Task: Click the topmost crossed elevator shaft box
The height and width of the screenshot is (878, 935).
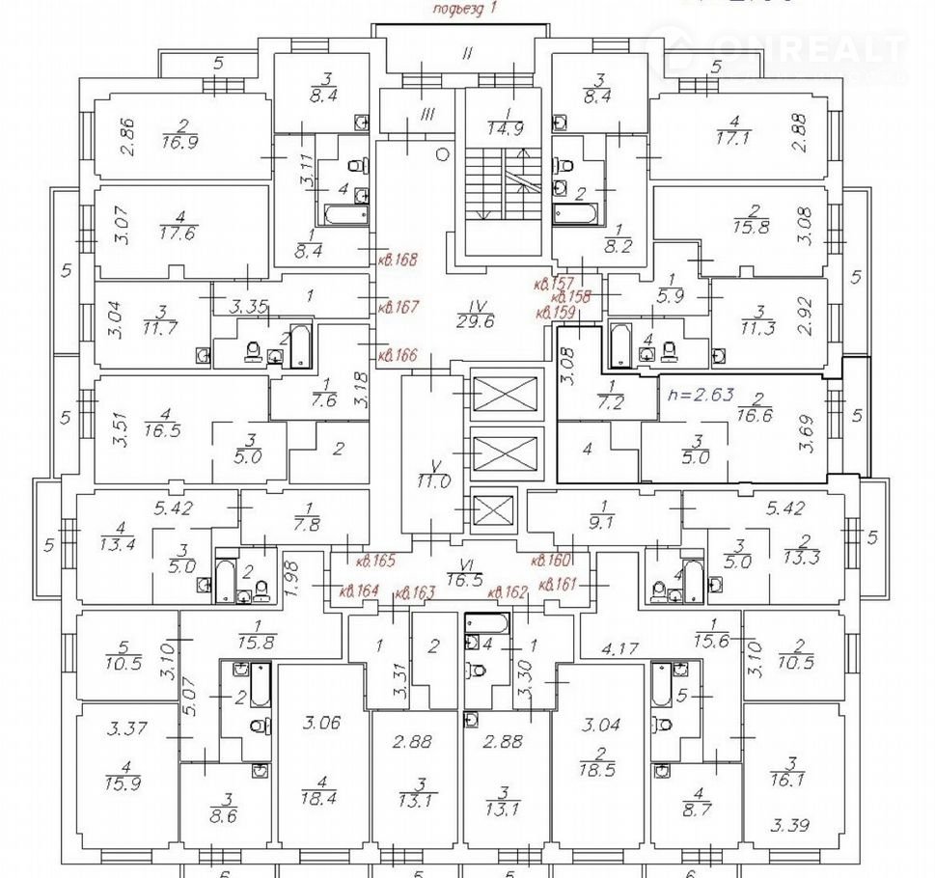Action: tap(503, 395)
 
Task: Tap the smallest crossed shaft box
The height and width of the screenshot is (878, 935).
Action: tap(493, 508)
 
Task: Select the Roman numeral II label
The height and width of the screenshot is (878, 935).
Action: tap(467, 53)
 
